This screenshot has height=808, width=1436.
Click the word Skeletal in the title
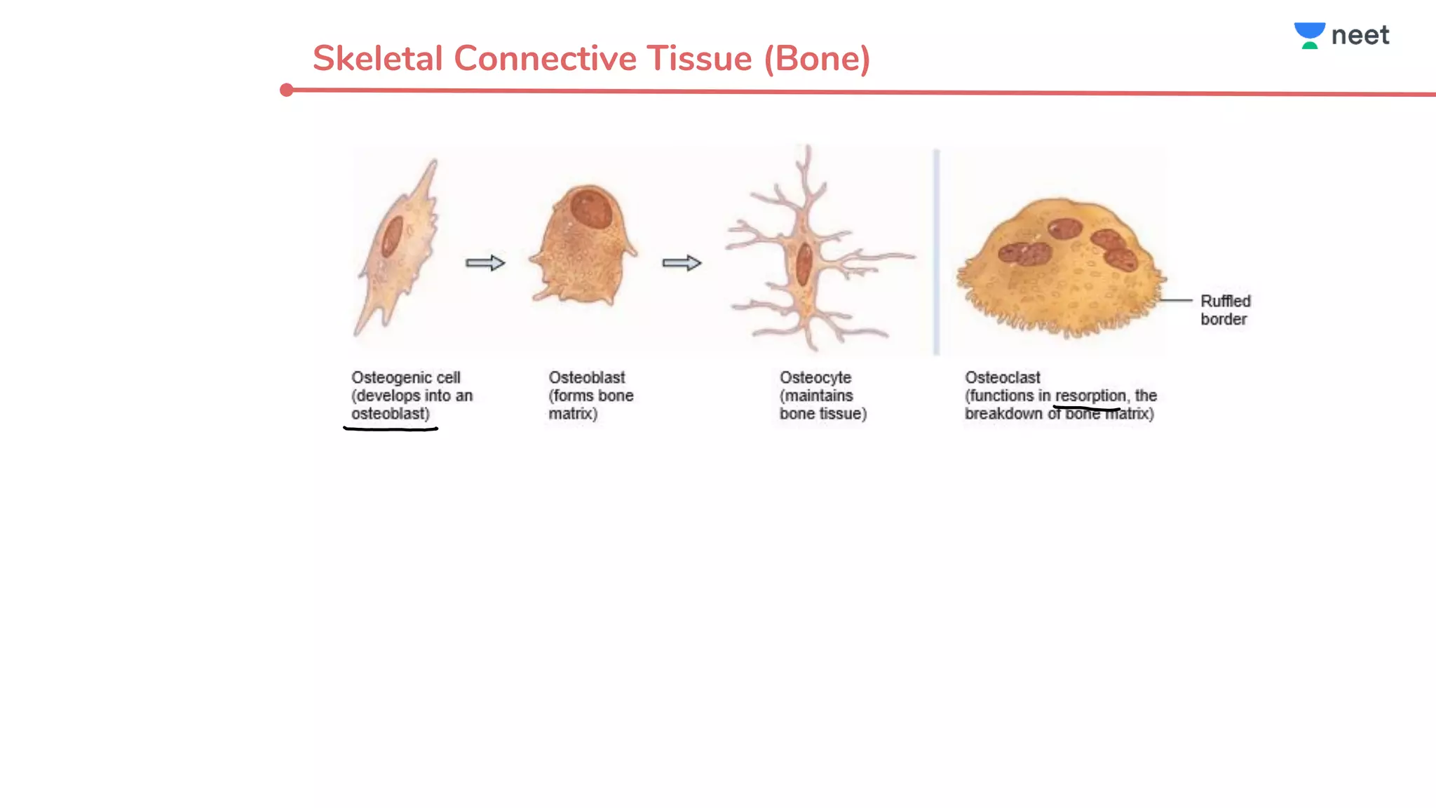click(x=377, y=58)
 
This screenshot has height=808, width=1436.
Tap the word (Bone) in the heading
click(x=817, y=59)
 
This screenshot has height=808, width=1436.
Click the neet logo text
click(x=1360, y=35)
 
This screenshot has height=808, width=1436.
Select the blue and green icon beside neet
click(x=1309, y=36)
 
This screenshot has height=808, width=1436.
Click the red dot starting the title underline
click(x=286, y=90)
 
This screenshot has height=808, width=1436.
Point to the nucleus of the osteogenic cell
click(x=391, y=236)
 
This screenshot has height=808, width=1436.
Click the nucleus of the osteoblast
click(x=590, y=208)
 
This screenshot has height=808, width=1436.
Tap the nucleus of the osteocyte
click(x=804, y=264)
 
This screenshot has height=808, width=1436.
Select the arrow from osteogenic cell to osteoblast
click(x=485, y=263)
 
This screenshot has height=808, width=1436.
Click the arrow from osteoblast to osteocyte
click(x=682, y=263)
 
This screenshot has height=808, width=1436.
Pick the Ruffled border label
click(x=1225, y=310)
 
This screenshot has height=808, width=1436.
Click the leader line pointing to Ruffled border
click(x=1176, y=300)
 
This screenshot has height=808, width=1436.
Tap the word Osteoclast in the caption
click(x=1003, y=377)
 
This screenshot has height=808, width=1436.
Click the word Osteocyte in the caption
click(x=815, y=378)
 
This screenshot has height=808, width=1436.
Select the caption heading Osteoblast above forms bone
click(x=587, y=377)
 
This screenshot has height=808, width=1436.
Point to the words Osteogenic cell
click(x=406, y=378)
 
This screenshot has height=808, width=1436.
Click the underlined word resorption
click(x=1090, y=396)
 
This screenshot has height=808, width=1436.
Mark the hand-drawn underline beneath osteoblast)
click(x=391, y=428)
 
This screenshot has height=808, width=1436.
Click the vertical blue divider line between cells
click(x=936, y=252)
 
